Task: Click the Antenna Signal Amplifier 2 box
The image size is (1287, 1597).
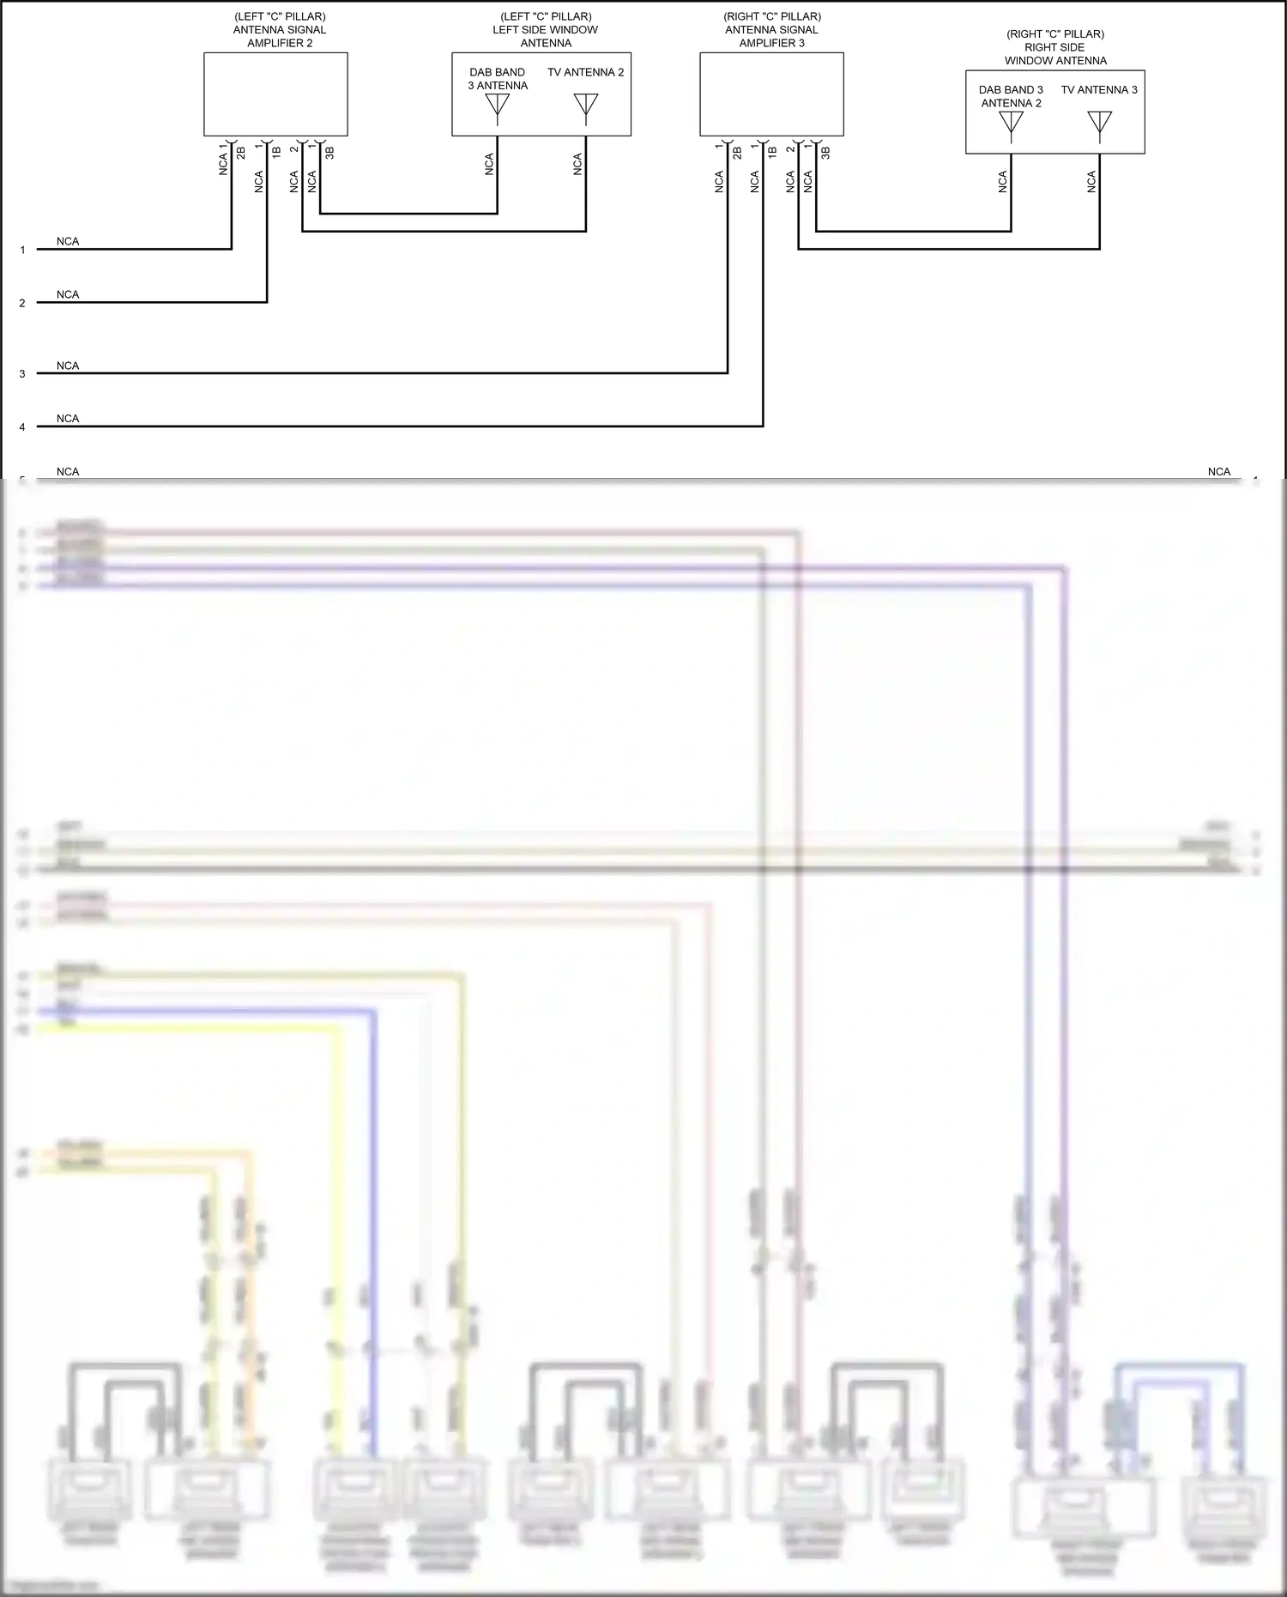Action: pyautogui.click(x=275, y=94)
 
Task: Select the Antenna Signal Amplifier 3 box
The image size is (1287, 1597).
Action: pyautogui.click(x=771, y=94)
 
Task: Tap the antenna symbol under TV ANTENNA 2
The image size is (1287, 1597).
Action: pyautogui.click(x=586, y=105)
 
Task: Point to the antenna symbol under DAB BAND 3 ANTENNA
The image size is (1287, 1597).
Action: pyautogui.click(x=498, y=106)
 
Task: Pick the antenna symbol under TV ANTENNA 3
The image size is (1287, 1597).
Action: pyautogui.click(x=1099, y=123)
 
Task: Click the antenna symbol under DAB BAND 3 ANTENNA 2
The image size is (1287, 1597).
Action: pyautogui.click(x=1011, y=123)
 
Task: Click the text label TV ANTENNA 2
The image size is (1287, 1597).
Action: pyautogui.click(x=586, y=72)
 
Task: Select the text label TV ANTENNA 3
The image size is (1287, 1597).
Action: pyautogui.click(x=1099, y=89)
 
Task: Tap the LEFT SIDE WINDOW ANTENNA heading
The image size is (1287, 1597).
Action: pyautogui.click(x=546, y=30)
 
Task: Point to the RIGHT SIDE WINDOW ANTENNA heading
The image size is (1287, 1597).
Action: pyautogui.click(x=1055, y=47)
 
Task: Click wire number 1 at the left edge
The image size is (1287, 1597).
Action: pyautogui.click(x=23, y=251)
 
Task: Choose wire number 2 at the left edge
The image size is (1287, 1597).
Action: pyautogui.click(x=23, y=304)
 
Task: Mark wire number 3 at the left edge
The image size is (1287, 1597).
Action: pyautogui.click(x=23, y=374)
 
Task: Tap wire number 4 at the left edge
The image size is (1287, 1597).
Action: pyautogui.click(x=23, y=427)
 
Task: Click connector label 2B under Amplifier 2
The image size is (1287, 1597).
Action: pyautogui.click(x=241, y=153)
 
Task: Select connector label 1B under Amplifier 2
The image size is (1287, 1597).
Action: pyautogui.click(x=276, y=153)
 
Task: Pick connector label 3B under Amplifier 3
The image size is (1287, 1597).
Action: pyautogui.click(x=825, y=153)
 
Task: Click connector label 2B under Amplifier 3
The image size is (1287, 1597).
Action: pyautogui.click(x=737, y=153)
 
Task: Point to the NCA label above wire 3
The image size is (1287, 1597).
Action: pyautogui.click(x=68, y=366)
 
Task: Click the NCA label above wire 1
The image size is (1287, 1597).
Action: pyautogui.click(x=68, y=242)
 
